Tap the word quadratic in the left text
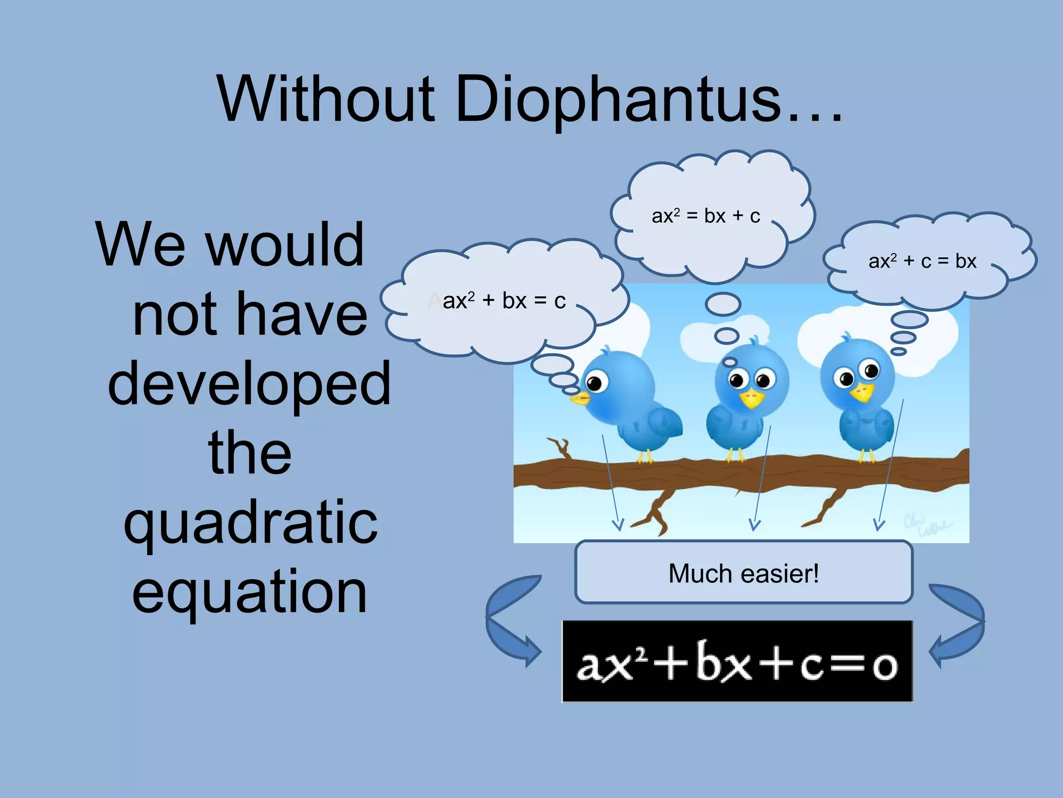click(251, 522)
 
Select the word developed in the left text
click(249, 384)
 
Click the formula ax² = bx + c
click(706, 216)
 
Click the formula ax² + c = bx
click(922, 261)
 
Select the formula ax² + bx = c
click(503, 301)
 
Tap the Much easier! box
click(743, 573)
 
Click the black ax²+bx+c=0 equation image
click(737, 661)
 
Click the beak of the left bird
click(580, 399)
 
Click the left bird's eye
click(595, 383)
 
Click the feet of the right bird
click(866, 456)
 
